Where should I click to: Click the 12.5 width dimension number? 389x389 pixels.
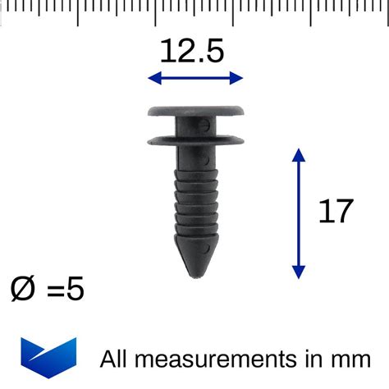[191, 52]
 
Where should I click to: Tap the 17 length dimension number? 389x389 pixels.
[335, 212]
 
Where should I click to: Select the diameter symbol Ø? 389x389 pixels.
[25, 289]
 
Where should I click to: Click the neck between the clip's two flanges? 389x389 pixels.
[197, 123]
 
